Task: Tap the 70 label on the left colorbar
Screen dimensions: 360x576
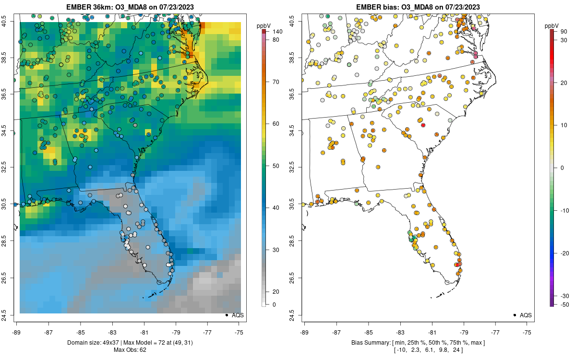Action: point(276,82)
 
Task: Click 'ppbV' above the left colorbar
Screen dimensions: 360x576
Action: point(264,25)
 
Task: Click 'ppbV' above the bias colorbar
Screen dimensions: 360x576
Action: point(552,25)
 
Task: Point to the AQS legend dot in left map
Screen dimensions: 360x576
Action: point(226,315)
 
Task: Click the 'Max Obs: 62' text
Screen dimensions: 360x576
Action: point(130,349)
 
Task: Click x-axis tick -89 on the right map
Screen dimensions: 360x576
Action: point(305,332)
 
